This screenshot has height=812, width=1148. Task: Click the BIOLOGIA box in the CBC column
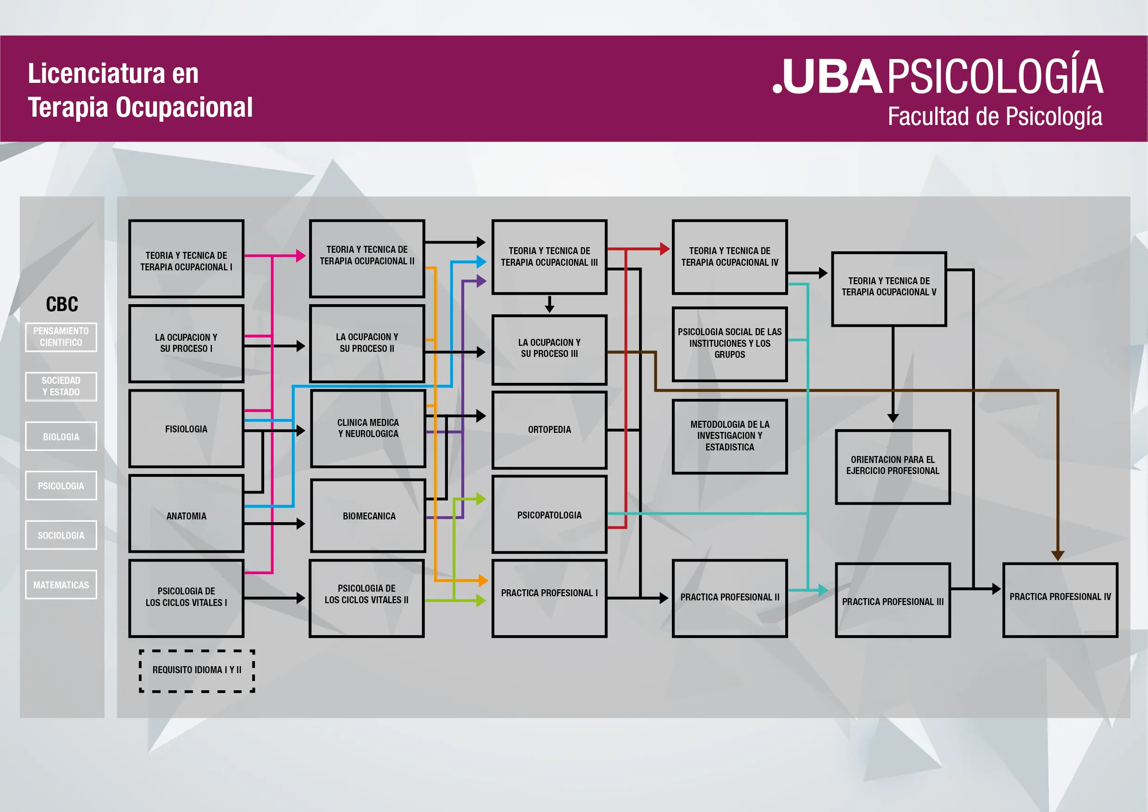61,437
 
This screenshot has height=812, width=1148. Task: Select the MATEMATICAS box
61,585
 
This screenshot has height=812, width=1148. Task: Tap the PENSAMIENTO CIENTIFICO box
61,337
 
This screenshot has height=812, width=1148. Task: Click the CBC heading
62,304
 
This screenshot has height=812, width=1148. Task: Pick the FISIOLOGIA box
186,429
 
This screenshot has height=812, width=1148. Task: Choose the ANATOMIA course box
186,516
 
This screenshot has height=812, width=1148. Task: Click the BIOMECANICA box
368,516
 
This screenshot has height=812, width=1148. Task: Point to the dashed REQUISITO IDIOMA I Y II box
197,670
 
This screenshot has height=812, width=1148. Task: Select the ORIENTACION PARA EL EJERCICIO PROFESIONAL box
893,466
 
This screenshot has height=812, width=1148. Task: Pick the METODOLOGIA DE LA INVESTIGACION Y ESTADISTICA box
730,436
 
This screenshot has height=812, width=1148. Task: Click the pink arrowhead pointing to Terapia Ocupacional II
300,256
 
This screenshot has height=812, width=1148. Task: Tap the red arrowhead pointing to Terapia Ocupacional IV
664,249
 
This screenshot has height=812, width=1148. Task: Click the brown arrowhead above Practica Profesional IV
1057,556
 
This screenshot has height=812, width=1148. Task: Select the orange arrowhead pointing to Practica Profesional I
483,581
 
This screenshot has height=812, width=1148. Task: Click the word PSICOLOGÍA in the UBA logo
995,77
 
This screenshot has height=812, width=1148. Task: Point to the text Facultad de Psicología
995,117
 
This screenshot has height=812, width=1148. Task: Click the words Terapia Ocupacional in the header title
141,107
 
